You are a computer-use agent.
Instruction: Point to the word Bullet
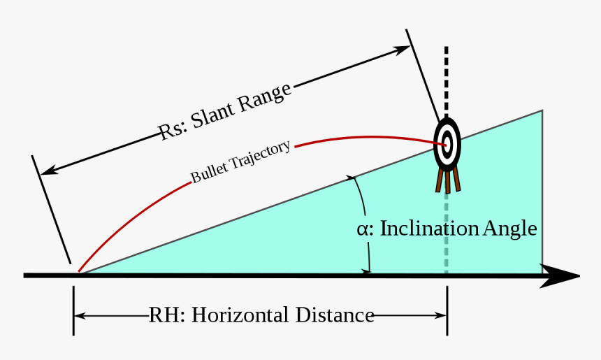pos(207,173)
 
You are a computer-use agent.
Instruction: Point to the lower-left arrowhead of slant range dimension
pos(48,171)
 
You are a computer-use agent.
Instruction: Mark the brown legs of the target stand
pos(447,179)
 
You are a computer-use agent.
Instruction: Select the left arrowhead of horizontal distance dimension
pos(80,316)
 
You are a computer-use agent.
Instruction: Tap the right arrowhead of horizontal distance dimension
pos(441,316)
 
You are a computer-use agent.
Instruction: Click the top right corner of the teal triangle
pos(542,111)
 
